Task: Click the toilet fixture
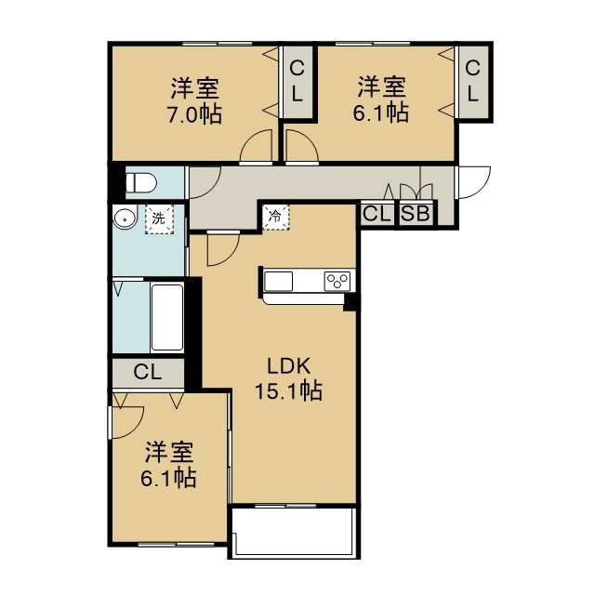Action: coord(140,183)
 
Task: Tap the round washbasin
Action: coord(124,218)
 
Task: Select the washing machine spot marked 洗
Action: coord(159,219)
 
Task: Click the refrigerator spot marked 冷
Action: coord(276,217)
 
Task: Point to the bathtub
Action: coord(167,317)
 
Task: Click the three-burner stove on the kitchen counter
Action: coord(337,282)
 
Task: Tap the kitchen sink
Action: coord(278,282)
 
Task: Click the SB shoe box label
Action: coord(416,214)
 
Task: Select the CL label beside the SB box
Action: coord(377,214)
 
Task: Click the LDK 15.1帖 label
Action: coord(289,378)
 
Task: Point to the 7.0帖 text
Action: coord(194,113)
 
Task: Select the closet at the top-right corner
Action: coord(473,82)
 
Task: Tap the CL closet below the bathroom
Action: coord(148,373)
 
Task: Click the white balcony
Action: coord(294,532)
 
